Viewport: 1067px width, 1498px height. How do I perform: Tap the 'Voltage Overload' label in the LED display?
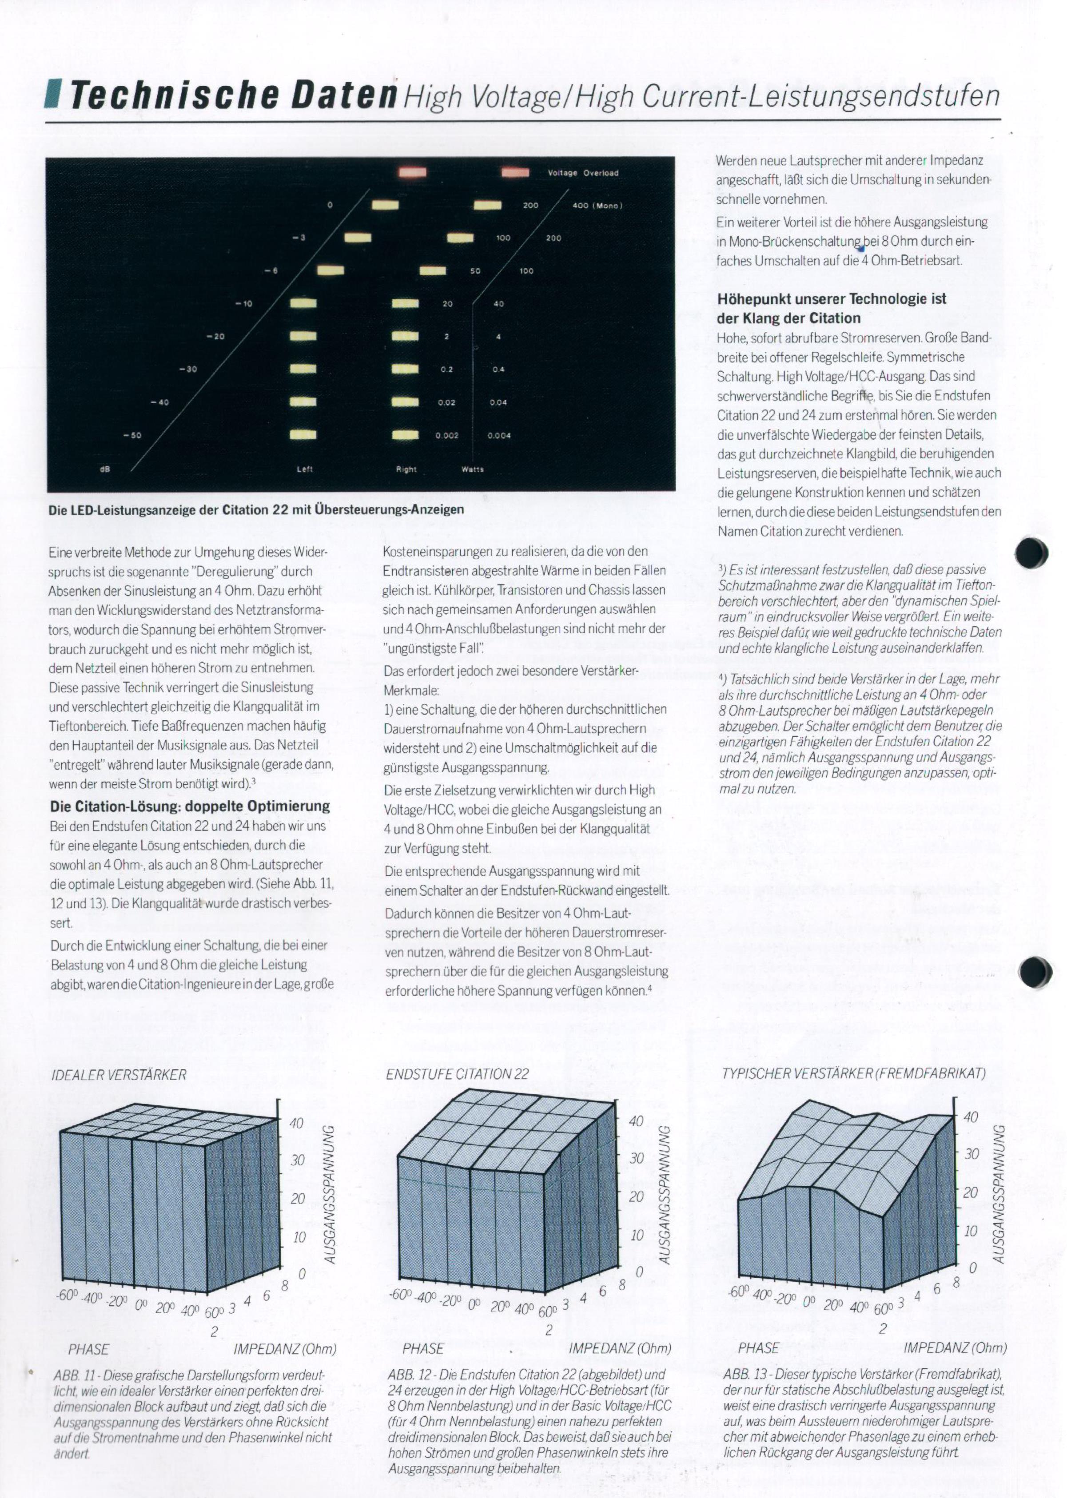583,173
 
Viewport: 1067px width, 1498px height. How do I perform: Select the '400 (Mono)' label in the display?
597,206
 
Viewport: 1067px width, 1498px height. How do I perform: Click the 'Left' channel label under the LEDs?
305,469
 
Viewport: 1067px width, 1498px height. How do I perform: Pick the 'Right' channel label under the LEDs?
406,469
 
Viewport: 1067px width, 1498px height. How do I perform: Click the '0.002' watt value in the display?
447,435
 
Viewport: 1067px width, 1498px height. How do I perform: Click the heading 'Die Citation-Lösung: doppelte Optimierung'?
190,807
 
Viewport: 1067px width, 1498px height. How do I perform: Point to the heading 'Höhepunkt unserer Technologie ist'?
832,299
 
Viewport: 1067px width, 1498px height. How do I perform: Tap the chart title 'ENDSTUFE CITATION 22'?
457,1074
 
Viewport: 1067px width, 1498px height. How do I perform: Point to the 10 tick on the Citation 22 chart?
636,1236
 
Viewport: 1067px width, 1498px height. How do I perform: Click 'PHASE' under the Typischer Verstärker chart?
758,1348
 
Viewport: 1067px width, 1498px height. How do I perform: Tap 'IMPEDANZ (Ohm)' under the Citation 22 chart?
620,1348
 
